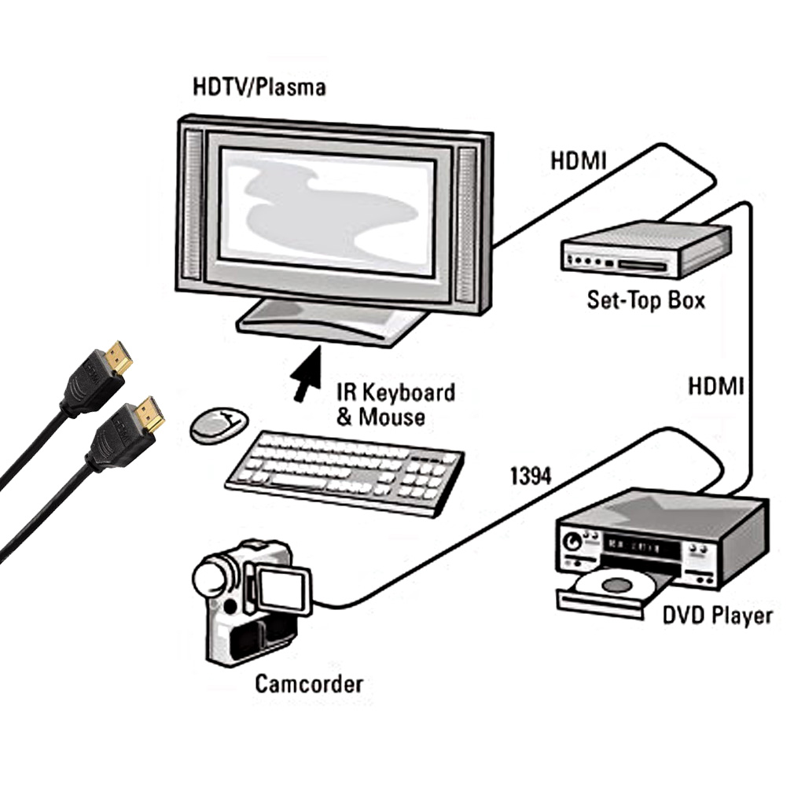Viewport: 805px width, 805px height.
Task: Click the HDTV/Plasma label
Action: point(259,86)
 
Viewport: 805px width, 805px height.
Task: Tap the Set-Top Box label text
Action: point(645,300)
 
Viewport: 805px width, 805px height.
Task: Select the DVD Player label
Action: point(717,615)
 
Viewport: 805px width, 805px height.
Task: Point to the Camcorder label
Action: point(308,683)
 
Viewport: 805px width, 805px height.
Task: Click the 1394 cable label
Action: point(531,475)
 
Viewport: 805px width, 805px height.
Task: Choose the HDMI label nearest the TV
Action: point(578,160)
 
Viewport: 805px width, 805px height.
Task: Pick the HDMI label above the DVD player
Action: point(715,386)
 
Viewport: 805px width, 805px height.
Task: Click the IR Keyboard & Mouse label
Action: point(395,404)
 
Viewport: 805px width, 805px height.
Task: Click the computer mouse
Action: point(218,425)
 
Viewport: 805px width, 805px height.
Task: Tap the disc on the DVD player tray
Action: point(614,585)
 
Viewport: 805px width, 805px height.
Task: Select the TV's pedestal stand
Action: point(331,323)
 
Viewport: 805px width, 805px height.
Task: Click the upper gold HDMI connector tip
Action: point(120,357)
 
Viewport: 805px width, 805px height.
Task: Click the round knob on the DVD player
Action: point(572,542)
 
